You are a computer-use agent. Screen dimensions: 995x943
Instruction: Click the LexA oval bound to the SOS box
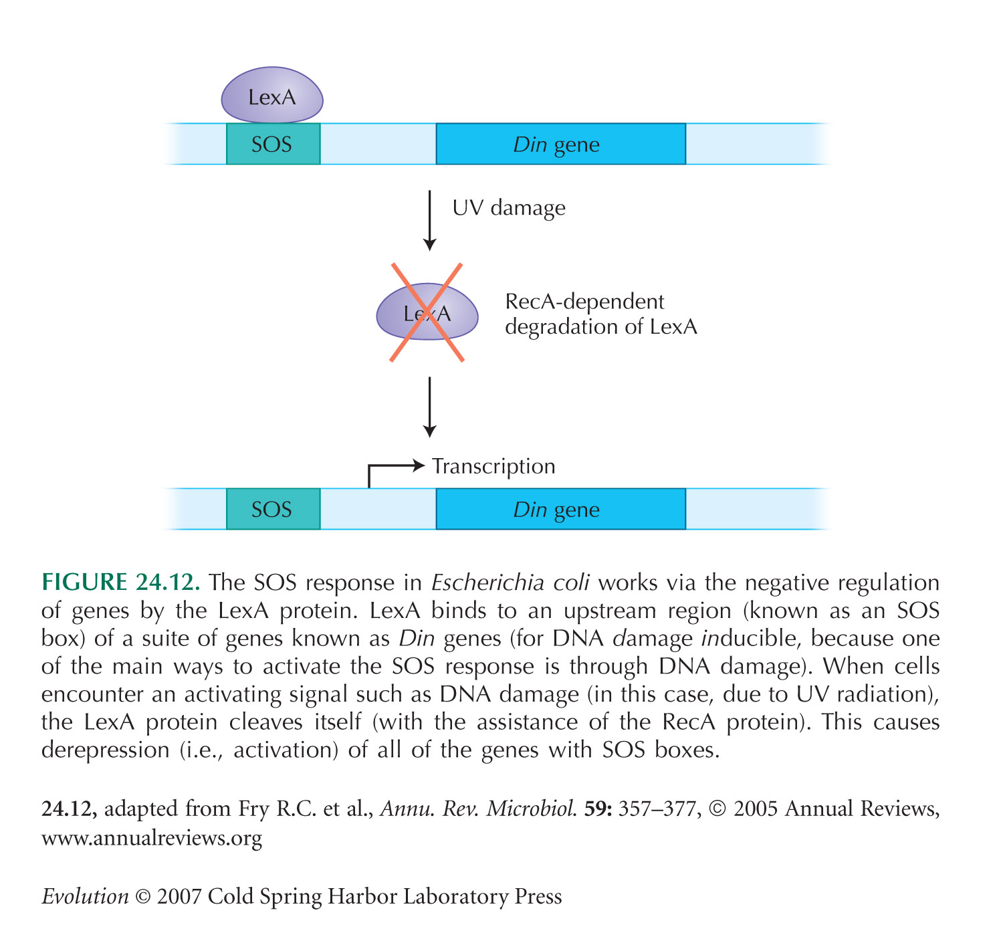coord(271,95)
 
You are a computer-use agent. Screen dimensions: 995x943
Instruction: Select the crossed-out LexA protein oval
coord(427,311)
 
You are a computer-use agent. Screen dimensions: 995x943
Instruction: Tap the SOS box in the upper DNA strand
coord(273,144)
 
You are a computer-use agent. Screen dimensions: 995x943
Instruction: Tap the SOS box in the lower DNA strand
coord(273,508)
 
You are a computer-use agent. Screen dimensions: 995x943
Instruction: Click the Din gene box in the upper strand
coord(560,144)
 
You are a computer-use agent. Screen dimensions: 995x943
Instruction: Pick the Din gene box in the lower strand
coord(560,508)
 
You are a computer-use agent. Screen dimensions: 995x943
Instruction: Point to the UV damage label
coord(508,208)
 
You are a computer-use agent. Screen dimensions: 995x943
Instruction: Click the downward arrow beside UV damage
coord(429,220)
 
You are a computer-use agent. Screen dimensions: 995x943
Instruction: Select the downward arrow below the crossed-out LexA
coord(429,407)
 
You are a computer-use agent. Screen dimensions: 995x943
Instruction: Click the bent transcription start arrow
coord(384,465)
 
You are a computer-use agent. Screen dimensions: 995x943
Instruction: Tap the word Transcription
coord(493,466)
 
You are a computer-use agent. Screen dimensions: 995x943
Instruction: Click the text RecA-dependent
coord(584,302)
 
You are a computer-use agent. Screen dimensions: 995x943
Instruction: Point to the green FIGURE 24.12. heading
coord(120,582)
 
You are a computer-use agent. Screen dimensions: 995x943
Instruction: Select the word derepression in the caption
coord(105,750)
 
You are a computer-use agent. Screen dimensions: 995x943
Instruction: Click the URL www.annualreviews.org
coord(152,838)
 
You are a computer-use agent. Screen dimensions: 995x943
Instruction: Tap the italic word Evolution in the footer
coord(85,896)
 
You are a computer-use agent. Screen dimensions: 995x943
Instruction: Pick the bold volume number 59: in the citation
coord(598,809)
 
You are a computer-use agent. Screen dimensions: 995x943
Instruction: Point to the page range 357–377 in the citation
coord(659,809)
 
